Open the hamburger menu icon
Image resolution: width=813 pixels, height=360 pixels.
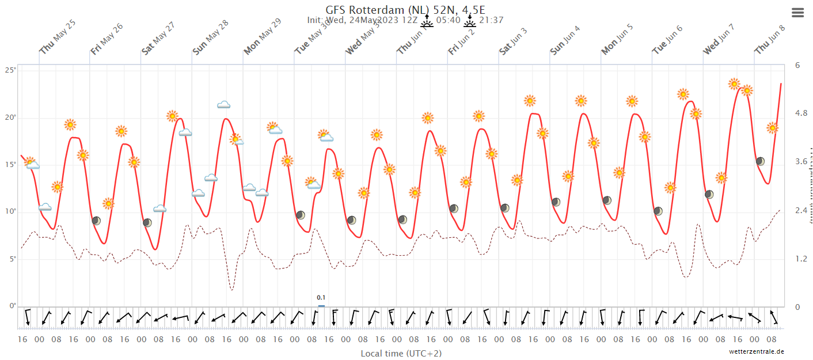[x=797, y=13]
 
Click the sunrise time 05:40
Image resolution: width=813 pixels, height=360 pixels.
[x=448, y=20]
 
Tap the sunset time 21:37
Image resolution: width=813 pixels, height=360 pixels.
[x=491, y=20]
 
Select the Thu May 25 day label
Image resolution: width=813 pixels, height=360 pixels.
[x=58, y=37]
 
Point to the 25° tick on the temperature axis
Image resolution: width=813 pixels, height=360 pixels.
[x=10, y=70]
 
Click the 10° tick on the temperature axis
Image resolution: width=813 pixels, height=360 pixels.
[x=10, y=212]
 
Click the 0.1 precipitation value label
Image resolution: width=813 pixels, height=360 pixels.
[x=321, y=298]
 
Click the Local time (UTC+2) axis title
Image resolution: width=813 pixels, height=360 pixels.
[x=401, y=353]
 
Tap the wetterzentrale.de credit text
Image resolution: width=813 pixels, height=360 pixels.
[x=756, y=351]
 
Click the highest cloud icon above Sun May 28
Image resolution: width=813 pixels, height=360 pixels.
[x=223, y=105]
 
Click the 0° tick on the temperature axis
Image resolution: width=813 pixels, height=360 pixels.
[x=12, y=306]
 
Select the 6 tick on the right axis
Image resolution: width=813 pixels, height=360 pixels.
[x=797, y=65]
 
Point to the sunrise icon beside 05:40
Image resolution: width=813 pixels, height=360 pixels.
[x=427, y=21]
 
